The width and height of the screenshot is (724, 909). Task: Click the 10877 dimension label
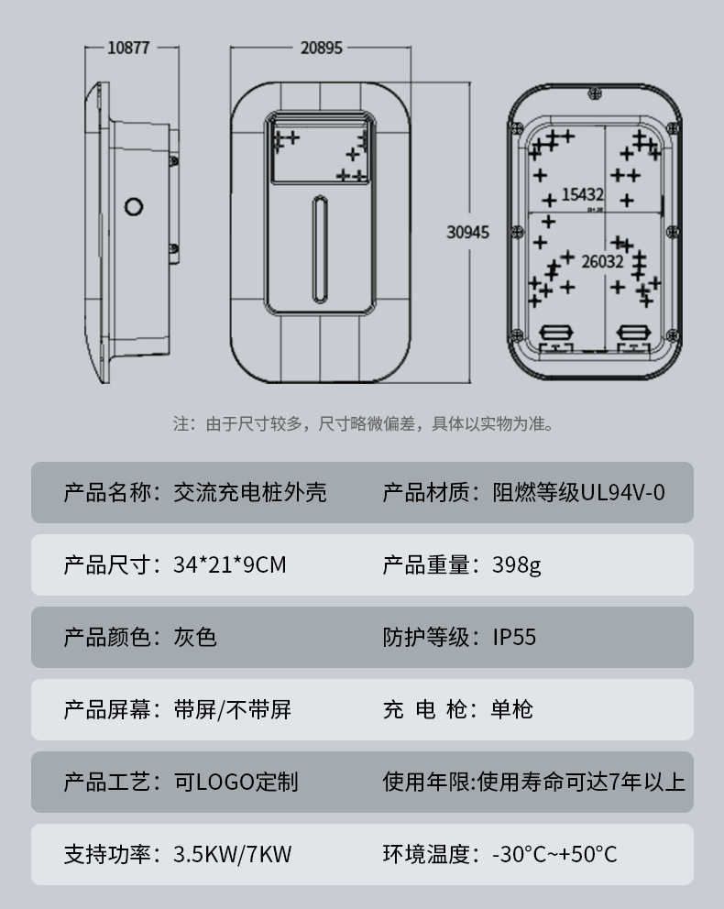(128, 48)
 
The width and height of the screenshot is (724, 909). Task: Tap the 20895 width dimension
(321, 48)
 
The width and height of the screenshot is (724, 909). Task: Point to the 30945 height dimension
(467, 233)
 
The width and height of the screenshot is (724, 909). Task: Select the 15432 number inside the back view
(583, 194)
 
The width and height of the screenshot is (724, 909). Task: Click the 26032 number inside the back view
(602, 261)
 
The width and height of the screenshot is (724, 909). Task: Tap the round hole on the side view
(134, 207)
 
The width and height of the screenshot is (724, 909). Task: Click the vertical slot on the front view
(320, 249)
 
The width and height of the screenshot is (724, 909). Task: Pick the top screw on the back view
(594, 93)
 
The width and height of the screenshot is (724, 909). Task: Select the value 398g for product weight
(517, 565)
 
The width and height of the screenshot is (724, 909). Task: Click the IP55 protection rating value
(514, 637)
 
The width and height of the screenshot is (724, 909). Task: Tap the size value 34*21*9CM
(230, 564)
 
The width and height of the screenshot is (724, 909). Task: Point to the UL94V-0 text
(622, 493)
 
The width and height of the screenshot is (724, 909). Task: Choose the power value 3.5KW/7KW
(233, 855)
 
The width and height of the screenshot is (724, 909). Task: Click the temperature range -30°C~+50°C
(554, 855)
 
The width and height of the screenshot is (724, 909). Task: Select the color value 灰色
(195, 637)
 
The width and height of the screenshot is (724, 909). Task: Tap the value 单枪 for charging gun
(512, 709)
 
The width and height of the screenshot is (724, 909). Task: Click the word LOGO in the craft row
(225, 782)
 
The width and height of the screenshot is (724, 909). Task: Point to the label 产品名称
(107, 493)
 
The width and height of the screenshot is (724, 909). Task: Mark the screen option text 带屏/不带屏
(233, 709)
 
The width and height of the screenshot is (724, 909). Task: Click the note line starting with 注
(364, 423)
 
